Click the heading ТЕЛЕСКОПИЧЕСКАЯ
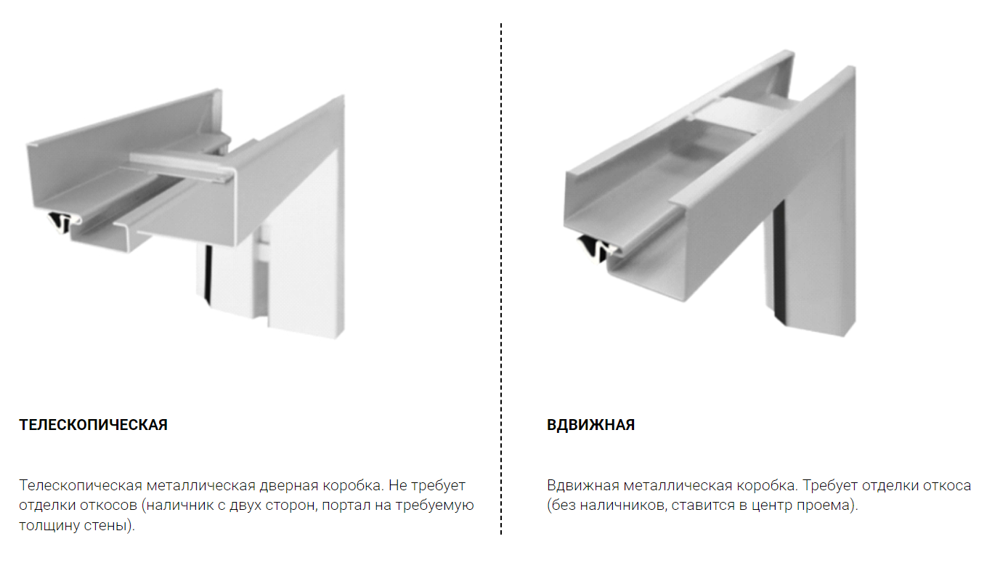(x=93, y=425)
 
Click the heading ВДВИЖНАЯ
(x=590, y=425)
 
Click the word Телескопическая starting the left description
(x=81, y=486)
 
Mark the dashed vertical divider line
(x=501, y=279)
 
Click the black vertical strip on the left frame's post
(x=208, y=275)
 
